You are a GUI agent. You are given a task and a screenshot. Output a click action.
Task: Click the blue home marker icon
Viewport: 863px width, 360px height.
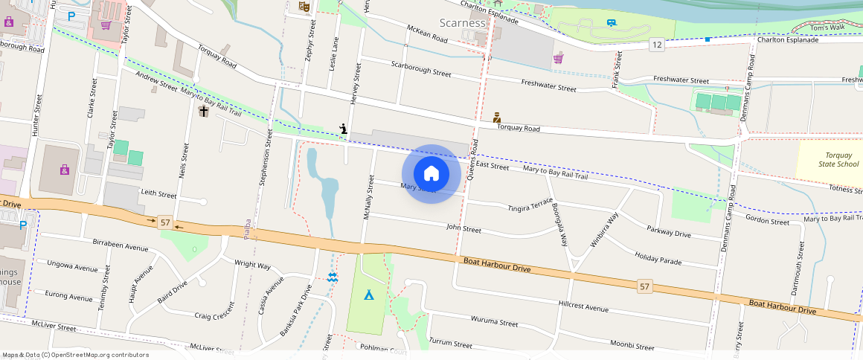(x=431, y=174)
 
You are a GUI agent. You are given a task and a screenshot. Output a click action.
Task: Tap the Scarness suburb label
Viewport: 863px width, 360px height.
(x=462, y=22)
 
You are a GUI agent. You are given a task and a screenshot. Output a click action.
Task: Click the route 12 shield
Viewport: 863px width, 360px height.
(x=655, y=45)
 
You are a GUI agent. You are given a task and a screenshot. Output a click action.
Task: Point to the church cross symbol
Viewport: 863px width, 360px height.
(x=204, y=111)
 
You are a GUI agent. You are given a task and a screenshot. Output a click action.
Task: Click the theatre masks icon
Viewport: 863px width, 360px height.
(x=304, y=7)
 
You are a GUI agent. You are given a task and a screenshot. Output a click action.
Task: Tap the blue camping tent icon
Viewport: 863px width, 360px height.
(x=368, y=295)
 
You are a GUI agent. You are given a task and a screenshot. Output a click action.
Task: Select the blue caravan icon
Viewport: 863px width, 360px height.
(x=612, y=23)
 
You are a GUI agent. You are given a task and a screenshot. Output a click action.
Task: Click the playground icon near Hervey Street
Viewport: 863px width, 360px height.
(x=343, y=128)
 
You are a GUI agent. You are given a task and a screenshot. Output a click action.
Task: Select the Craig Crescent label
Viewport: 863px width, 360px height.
(x=214, y=315)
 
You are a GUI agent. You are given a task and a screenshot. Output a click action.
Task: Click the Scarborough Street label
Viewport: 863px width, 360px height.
(x=421, y=68)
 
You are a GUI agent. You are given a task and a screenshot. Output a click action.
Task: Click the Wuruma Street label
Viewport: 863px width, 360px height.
(x=494, y=321)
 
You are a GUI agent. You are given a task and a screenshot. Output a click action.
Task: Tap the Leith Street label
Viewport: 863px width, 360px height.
(x=158, y=194)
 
